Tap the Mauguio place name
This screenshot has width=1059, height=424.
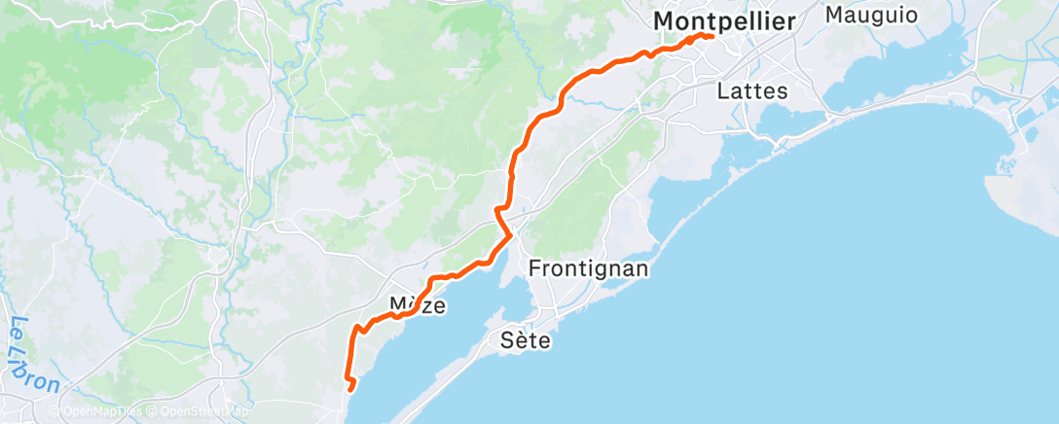pyautogui.click(x=866, y=16)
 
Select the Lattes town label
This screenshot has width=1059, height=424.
pyautogui.click(x=751, y=91)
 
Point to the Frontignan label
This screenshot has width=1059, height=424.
pyautogui.click(x=588, y=267)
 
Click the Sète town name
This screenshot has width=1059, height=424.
pyautogui.click(x=526, y=340)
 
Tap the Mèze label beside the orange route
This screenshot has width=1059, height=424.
pyautogui.click(x=418, y=305)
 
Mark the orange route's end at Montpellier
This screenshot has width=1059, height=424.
pyautogui.click(x=712, y=37)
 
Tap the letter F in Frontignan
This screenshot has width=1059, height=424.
pyautogui.click(x=534, y=267)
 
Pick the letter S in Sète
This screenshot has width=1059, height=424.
pyautogui.click(x=506, y=340)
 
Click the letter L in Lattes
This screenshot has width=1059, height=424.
pyautogui.click(x=723, y=91)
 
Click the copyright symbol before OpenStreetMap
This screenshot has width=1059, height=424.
pyautogui.click(x=152, y=411)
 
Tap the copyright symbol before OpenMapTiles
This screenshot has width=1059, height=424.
pyautogui.click(x=56, y=411)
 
